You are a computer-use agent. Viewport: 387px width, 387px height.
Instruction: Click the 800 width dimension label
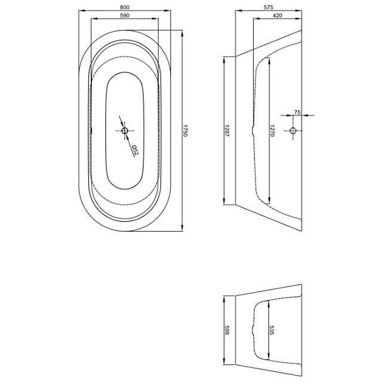point(125,7)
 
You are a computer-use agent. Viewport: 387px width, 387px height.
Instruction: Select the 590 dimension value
point(125,16)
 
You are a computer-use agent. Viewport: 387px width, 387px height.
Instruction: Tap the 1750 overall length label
point(186,131)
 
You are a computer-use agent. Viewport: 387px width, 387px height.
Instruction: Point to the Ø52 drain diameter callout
point(135,150)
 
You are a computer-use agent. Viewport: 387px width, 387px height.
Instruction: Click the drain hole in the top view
point(125,131)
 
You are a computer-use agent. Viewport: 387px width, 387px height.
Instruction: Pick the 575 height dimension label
point(269,7)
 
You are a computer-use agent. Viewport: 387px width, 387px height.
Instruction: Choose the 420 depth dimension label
point(278,16)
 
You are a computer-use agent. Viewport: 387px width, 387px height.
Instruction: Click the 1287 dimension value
point(227,131)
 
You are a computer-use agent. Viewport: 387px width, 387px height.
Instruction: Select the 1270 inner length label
point(272,131)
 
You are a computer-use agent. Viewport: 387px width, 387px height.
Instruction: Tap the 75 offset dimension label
point(297,112)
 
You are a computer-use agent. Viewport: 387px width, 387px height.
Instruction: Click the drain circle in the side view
point(293,131)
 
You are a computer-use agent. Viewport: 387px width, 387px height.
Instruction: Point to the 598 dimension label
point(227,330)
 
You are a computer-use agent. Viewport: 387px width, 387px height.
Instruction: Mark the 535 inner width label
point(272,330)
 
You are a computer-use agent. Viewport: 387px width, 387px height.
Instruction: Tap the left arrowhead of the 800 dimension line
point(82,10)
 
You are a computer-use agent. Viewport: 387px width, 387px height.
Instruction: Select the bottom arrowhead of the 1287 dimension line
point(224,201)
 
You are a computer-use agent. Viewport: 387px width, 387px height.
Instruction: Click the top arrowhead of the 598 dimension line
point(224,299)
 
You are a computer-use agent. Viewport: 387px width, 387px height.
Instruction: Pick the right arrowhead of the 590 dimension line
point(155,19)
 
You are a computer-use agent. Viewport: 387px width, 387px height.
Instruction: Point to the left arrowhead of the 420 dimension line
point(257,19)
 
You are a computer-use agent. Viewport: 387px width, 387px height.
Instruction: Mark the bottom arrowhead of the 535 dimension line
point(269,357)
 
